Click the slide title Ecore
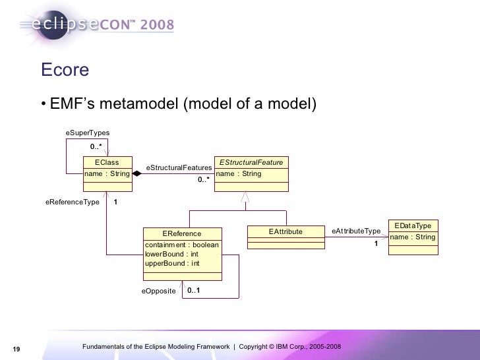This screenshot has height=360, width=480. click(65, 70)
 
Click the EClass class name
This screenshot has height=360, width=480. click(107, 162)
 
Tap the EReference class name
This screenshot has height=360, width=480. click(182, 233)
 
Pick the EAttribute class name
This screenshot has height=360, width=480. click(285, 231)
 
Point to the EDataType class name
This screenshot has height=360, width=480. click(412, 225)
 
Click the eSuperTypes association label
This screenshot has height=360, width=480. click(87, 133)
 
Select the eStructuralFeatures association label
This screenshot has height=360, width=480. click(178, 168)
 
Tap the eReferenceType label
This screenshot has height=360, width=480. click(72, 202)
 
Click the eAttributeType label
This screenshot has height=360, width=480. click(356, 231)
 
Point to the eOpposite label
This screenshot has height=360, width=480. click(159, 290)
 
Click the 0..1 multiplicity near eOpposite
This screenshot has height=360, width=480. click(193, 290)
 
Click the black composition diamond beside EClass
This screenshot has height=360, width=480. click(137, 174)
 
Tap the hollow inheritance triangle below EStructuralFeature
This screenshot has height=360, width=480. click(245, 197)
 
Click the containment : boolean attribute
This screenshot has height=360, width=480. click(181, 245)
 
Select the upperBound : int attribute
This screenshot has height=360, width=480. click(171, 264)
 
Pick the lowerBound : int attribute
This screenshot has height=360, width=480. click(171, 255)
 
